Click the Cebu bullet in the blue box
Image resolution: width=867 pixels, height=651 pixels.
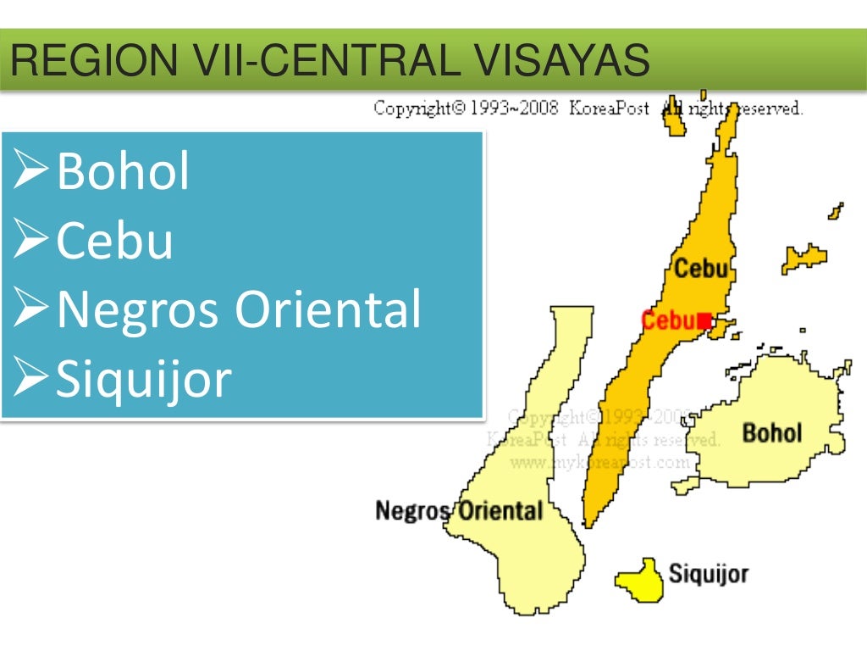[115, 241]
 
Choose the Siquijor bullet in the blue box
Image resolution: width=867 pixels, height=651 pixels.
[143, 379]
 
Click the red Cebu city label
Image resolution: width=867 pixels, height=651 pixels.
[668, 320]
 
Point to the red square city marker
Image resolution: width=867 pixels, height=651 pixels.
[702, 320]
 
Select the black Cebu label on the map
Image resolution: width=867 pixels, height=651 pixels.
[700, 269]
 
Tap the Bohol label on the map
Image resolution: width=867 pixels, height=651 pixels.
[771, 433]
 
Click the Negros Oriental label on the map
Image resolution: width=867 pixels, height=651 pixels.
[458, 511]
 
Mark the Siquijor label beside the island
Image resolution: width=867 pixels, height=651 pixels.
[709, 574]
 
